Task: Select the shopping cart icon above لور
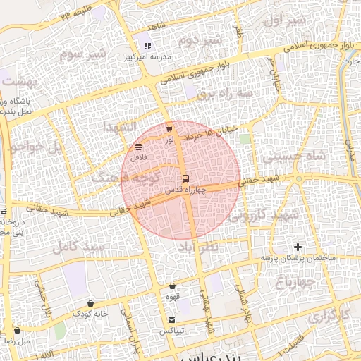pos(169,130)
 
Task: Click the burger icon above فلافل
pos(138,147)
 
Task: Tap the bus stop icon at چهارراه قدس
pos(185,178)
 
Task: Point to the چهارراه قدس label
pos(185,190)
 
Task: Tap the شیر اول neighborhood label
pos(286,21)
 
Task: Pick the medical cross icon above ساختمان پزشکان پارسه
pos(298,247)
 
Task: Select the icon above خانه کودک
pos(91,303)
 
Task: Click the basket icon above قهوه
pos(173,286)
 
